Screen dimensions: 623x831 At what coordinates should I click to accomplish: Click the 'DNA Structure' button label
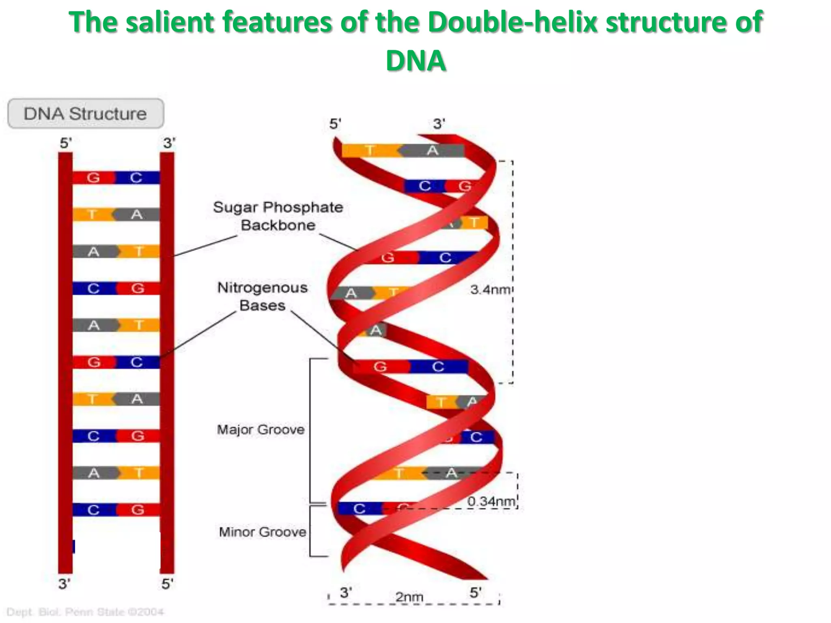pyautogui.click(x=85, y=114)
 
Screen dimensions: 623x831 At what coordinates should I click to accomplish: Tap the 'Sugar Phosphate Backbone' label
pyautogui.click(x=278, y=216)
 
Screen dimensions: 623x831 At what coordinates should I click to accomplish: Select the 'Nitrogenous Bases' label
pyautogui.click(x=263, y=296)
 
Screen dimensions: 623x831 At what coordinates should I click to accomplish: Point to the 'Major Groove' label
pyautogui.click(x=260, y=429)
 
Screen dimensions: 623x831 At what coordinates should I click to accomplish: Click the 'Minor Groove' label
pyautogui.click(x=263, y=532)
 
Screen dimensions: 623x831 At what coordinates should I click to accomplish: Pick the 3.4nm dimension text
pyautogui.click(x=490, y=290)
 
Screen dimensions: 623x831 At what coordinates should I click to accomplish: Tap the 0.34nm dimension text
pyautogui.click(x=491, y=501)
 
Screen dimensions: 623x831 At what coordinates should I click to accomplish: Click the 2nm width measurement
pyautogui.click(x=409, y=597)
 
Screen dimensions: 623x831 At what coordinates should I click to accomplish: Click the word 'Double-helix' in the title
pyautogui.click(x=513, y=22)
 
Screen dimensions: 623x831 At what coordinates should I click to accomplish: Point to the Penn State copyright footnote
pyautogui.click(x=85, y=612)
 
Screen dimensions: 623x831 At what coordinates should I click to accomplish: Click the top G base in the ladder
pyautogui.click(x=93, y=178)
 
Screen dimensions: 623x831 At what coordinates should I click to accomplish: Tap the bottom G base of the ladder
pyautogui.click(x=138, y=510)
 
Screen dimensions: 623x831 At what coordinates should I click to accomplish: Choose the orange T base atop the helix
pyautogui.click(x=370, y=151)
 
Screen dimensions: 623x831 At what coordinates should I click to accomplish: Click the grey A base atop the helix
pyautogui.click(x=433, y=151)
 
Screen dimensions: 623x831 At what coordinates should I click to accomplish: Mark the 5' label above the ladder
pyautogui.click(x=66, y=143)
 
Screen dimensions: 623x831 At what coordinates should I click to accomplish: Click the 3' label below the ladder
pyautogui.click(x=65, y=584)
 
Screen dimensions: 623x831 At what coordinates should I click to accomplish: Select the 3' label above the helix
pyautogui.click(x=439, y=124)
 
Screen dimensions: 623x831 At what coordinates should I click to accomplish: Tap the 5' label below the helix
pyautogui.click(x=476, y=593)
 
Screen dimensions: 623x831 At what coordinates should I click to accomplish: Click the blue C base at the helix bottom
pyautogui.click(x=359, y=509)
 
